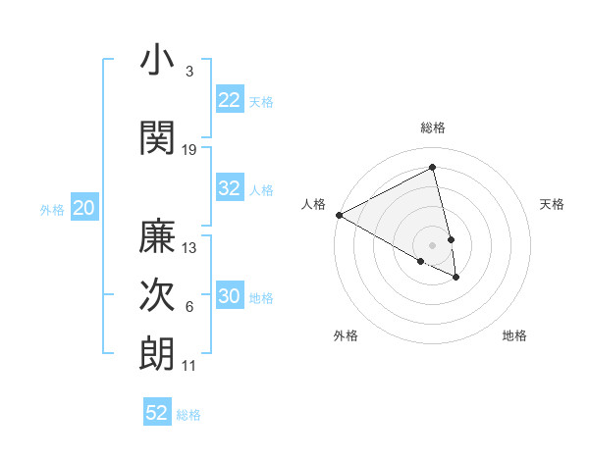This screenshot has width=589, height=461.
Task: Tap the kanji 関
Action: [157, 137]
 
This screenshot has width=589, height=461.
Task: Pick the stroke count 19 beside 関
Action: [189, 149]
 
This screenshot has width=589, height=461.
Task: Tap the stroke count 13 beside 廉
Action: [189, 248]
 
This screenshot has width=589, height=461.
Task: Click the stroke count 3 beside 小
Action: [188, 72]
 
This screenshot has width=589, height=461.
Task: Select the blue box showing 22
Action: [229, 100]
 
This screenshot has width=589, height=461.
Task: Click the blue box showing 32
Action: [229, 188]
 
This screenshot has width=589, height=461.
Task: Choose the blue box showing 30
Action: [229, 296]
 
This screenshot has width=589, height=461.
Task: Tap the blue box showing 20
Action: [84, 208]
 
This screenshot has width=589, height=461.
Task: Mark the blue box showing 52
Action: [157, 413]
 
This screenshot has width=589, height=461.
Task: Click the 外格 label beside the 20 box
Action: [53, 209]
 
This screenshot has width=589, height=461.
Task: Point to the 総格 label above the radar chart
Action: [433, 128]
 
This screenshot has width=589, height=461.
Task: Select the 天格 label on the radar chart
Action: [553, 204]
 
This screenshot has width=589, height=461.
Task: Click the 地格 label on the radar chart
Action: [514, 335]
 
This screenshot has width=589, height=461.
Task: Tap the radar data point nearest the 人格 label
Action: [339, 215]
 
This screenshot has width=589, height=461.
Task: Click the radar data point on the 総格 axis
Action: [433, 168]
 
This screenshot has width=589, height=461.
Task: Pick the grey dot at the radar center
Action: [433, 244]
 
